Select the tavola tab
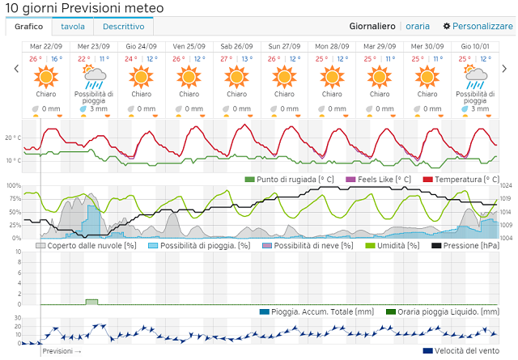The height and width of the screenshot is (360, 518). [x=73, y=27]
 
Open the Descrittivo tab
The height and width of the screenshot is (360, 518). [x=123, y=27]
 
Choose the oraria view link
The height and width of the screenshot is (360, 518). [x=418, y=27]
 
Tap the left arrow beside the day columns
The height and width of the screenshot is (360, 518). [x=15, y=70]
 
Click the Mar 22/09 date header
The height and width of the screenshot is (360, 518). [x=46, y=47]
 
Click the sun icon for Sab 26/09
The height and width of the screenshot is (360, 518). [x=237, y=77]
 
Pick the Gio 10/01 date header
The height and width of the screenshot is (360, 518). [x=475, y=47]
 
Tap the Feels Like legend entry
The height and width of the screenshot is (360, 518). [x=379, y=179]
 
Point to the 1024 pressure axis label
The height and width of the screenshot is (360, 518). [x=507, y=186]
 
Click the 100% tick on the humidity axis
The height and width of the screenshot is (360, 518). [x=14, y=186]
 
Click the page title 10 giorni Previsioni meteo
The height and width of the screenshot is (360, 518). [x=84, y=8]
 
